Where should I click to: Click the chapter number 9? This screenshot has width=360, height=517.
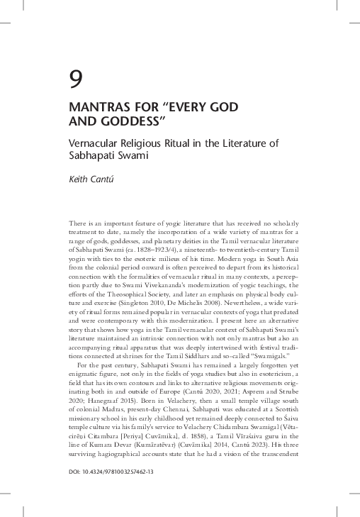75,79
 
